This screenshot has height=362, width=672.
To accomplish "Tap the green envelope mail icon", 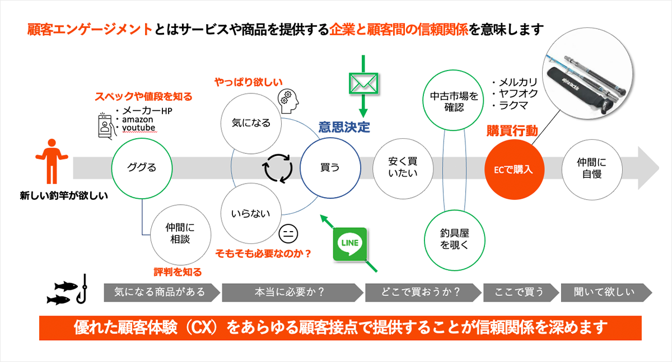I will click(x=364, y=82).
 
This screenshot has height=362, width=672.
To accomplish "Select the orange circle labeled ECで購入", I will click(x=514, y=168).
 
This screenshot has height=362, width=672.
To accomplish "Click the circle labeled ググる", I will click(x=142, y=167).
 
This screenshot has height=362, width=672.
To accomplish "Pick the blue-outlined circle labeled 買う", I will click(x=329, y=167).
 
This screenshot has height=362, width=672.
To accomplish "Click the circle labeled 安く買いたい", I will click(x=403, y=167).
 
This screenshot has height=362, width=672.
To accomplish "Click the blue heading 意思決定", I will click(x=344, y=127).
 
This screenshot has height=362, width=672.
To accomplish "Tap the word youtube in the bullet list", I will click(x=137, y=128).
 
